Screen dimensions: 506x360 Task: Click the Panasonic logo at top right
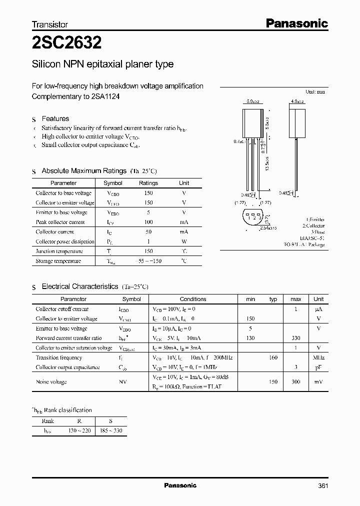tap(296, 23)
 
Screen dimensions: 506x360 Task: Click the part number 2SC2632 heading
tap(67, 43)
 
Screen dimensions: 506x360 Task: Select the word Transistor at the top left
tap(49, 24)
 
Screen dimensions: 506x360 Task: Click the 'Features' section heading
tap(55, 118)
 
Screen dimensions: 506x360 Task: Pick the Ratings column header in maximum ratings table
tap(148, 183)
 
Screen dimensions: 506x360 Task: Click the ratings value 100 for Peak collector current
tap(148, 222)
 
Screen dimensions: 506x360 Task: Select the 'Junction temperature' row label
tap(59, 251)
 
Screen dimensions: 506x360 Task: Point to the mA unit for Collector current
tap(184, 232)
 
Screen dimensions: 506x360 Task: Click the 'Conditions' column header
tap(192, 299)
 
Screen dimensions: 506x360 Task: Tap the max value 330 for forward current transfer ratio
tap(295, 338)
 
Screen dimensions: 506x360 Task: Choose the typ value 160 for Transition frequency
tap(273, 358)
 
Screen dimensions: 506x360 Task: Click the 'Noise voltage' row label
tap(51, 382)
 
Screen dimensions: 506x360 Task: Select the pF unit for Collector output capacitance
tap(318, 367)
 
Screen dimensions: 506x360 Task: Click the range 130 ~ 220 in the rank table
tap(79, 430)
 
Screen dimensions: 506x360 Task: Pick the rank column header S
tap(110, 421)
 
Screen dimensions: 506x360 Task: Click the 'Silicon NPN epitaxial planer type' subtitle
tap(102, 64)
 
